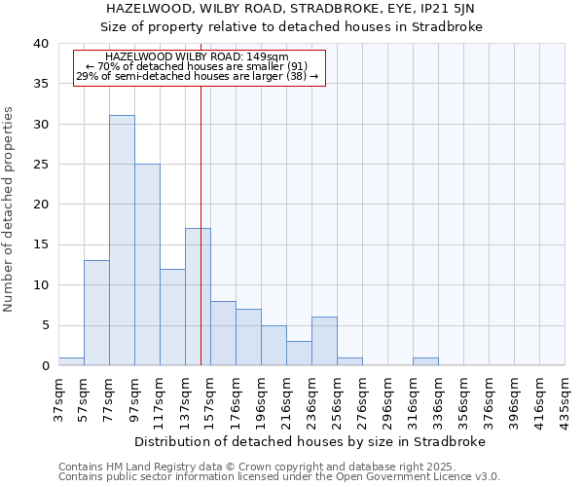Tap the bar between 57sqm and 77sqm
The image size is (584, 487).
point(96,313)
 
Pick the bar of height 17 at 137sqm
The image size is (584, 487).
point(198,296)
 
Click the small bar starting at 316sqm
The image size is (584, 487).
point(425,361)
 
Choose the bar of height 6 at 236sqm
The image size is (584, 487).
point(324,341)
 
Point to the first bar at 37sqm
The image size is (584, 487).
point(71,361)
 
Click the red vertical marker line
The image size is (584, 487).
point(201,214)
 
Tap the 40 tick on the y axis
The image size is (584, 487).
point(40,44)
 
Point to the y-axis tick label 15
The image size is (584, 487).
point(40,244)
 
